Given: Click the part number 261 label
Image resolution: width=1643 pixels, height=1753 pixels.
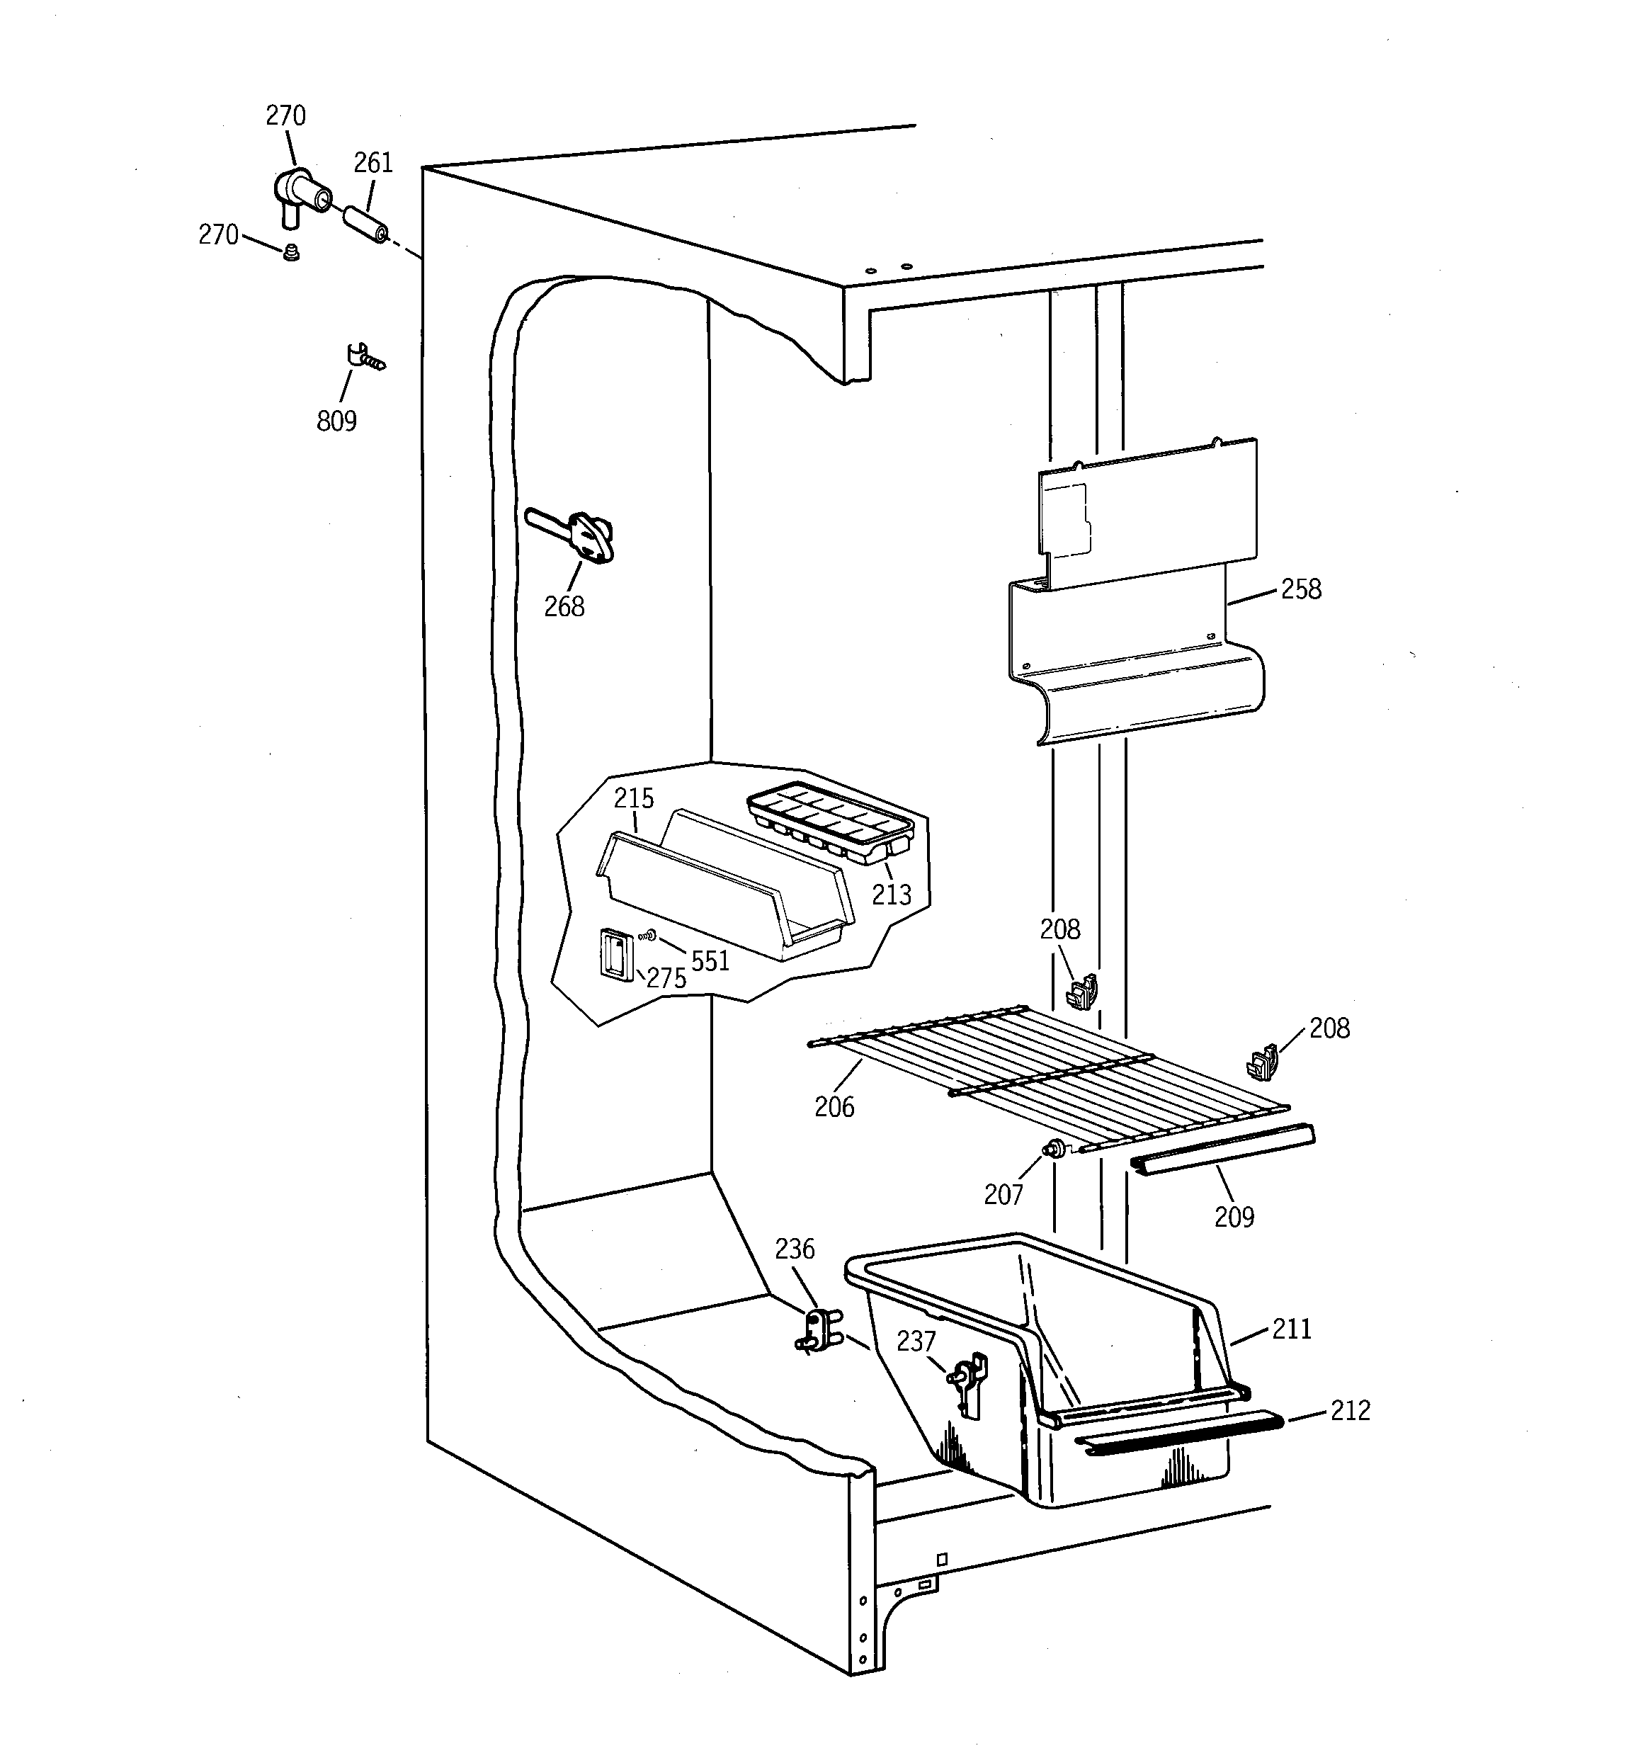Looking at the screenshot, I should (x=373, y=163).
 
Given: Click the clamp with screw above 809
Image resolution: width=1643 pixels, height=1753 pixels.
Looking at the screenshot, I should (x=363, y=358).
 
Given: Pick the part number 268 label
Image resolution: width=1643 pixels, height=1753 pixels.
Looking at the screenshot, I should (x=564, y=607).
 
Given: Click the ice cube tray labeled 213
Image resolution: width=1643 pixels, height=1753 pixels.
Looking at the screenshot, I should (x=829, y=824).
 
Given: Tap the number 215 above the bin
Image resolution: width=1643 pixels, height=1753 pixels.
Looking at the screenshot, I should (x=634, y=799).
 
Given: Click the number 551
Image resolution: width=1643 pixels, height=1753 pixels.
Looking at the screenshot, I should (x=710, y=961).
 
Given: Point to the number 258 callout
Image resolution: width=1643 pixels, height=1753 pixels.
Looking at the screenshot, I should (x=1301, y=589).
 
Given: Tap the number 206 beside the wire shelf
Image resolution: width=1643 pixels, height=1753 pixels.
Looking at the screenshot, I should (x=834, y=1106).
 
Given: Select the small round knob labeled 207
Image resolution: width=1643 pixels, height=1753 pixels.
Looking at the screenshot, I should (x=1053, y=1149).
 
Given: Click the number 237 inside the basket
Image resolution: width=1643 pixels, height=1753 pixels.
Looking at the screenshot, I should (x=916, y=1341).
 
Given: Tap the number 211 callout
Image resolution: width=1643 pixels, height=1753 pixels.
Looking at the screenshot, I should (x=1292, y=1329).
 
